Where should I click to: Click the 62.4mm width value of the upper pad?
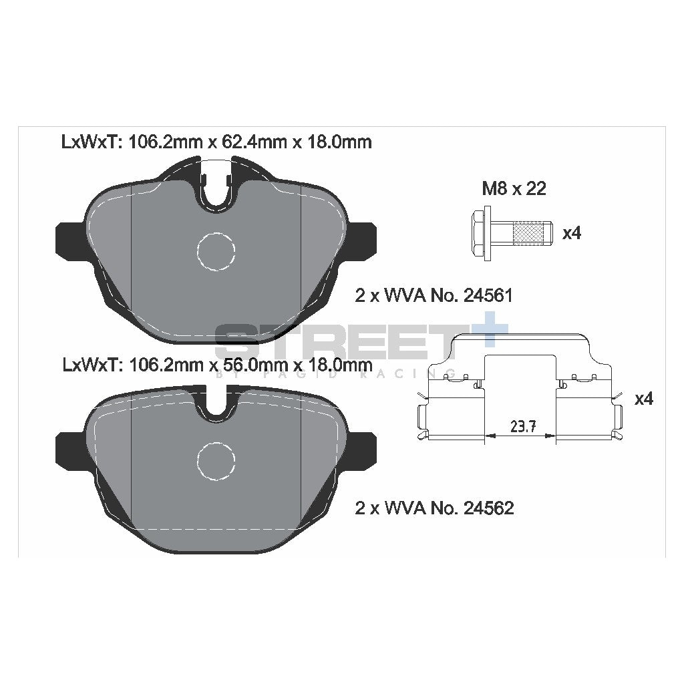click(248, 142)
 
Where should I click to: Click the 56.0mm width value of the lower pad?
click(248, 365)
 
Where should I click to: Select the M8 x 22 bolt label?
click(514, 189)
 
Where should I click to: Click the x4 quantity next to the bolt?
click(572, 234)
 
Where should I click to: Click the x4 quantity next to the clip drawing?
click(643, 399)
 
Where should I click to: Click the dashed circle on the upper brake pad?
click(216, 250)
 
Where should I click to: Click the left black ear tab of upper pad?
click(67, 240)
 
